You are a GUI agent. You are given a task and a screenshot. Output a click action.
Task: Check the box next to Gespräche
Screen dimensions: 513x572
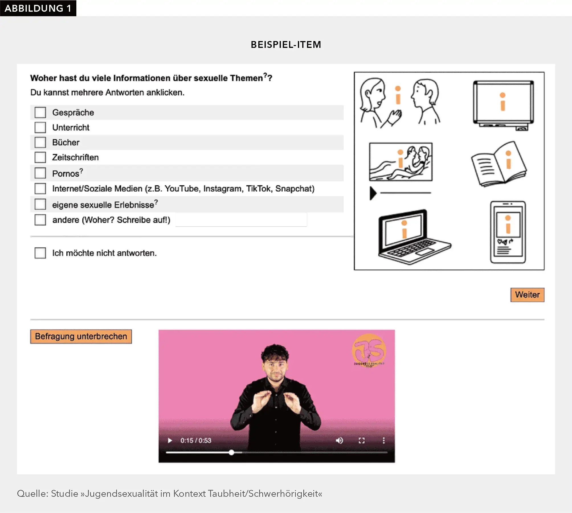40,113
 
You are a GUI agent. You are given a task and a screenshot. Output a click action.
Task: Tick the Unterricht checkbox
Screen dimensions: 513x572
40,127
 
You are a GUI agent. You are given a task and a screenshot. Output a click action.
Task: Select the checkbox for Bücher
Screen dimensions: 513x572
40,142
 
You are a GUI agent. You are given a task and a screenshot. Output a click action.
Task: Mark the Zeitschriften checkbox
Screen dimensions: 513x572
40,157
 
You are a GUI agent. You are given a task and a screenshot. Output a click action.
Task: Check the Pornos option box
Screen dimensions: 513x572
40,173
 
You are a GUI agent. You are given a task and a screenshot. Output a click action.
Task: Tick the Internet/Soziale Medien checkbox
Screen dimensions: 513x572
40,189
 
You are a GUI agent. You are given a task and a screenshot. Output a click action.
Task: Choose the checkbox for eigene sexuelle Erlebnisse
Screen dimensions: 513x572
40,204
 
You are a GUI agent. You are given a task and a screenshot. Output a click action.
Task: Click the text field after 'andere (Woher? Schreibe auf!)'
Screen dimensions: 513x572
241,220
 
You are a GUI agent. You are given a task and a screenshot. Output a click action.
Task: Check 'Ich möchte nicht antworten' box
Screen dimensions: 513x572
40,253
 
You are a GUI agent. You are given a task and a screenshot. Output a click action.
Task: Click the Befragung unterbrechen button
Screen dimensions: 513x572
81,337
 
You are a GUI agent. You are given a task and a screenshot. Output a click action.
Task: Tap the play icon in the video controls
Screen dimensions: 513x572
170,441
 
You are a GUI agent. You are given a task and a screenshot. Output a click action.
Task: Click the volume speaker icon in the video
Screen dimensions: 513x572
339,441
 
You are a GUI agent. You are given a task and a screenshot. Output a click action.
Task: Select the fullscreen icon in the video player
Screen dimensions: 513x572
361,441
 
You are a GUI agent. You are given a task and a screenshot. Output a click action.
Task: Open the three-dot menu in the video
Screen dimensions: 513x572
384,441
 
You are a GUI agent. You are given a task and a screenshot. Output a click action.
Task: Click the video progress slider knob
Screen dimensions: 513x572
232,452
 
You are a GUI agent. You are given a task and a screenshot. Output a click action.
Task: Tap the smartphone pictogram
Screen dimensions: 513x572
508,232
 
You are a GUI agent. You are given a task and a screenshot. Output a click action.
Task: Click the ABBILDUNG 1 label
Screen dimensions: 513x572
38,8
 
